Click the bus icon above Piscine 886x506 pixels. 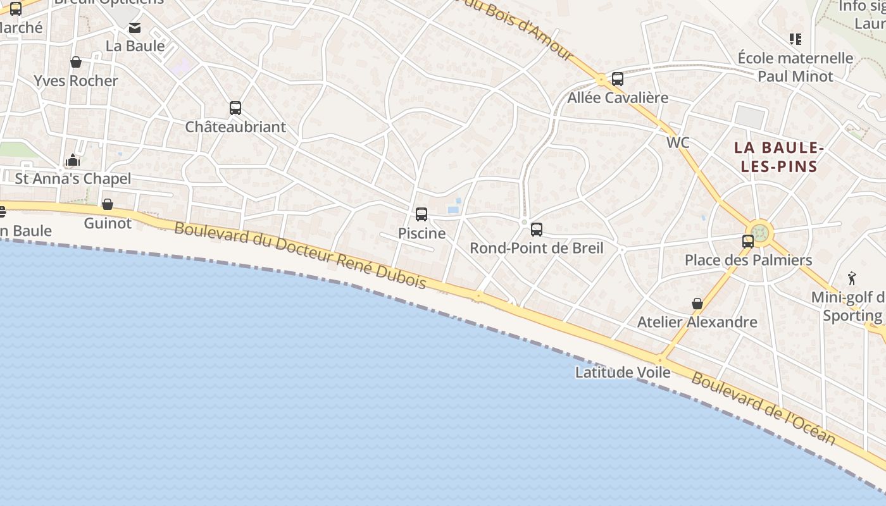coord(421,214)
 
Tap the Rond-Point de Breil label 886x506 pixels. coord(536,248)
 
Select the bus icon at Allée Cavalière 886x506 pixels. coord(618,79)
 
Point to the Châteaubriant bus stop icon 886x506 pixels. coord(235,108)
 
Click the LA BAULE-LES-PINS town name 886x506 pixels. coord(778,157)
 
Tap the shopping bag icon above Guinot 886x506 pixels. coord(108,204)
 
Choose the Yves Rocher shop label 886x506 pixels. coord(76,81)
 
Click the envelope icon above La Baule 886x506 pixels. coord(135,28)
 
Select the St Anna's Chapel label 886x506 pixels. coord(73,179)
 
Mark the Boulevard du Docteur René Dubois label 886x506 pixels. coord(300,255)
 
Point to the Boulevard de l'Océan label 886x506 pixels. coord(763,409)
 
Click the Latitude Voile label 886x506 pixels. coord(623,373)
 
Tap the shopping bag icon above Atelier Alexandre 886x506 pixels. coord(697,304)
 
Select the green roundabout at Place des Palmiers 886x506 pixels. coord(760,232)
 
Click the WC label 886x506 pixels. coord(678,143)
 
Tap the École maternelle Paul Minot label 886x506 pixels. coord(796,67)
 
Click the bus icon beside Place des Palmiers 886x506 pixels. coord(748,241)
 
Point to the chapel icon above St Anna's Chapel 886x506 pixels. coord(73,160)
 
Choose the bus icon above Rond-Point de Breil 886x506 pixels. coord(537,230)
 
